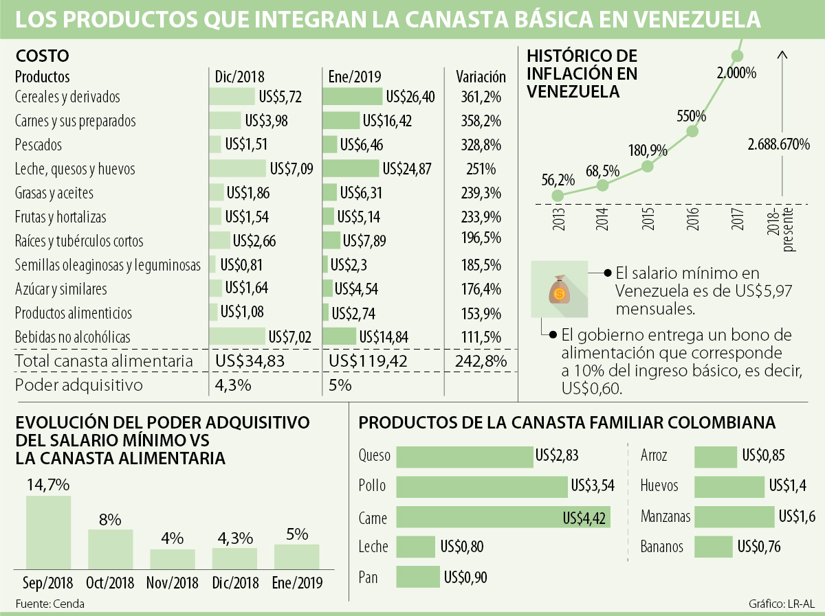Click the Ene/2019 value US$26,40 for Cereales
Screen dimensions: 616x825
point(410,97)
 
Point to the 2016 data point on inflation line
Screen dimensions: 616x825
point(692,131)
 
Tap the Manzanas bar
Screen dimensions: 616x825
point(734,516)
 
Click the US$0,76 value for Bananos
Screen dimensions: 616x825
point(760,547)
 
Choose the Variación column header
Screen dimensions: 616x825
point(481,77)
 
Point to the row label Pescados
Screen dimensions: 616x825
point(38,145)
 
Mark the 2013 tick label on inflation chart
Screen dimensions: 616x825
point(557,220)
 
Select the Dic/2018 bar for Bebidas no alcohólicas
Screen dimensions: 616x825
point(237,336)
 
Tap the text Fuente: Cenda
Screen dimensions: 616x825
point(45,603)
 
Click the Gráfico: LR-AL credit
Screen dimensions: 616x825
point(780,604)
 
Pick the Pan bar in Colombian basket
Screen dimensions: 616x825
point(417,577)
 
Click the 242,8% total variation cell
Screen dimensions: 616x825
point(481,361)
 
